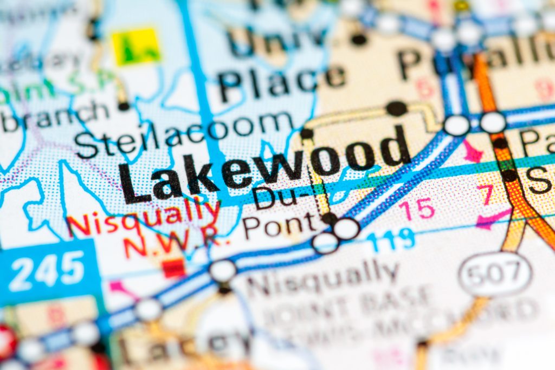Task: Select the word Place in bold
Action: coord(281,79)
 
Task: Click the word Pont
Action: coord(279,224)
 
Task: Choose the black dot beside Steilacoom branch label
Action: coord(124,106)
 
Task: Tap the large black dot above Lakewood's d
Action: coord(397,108)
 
